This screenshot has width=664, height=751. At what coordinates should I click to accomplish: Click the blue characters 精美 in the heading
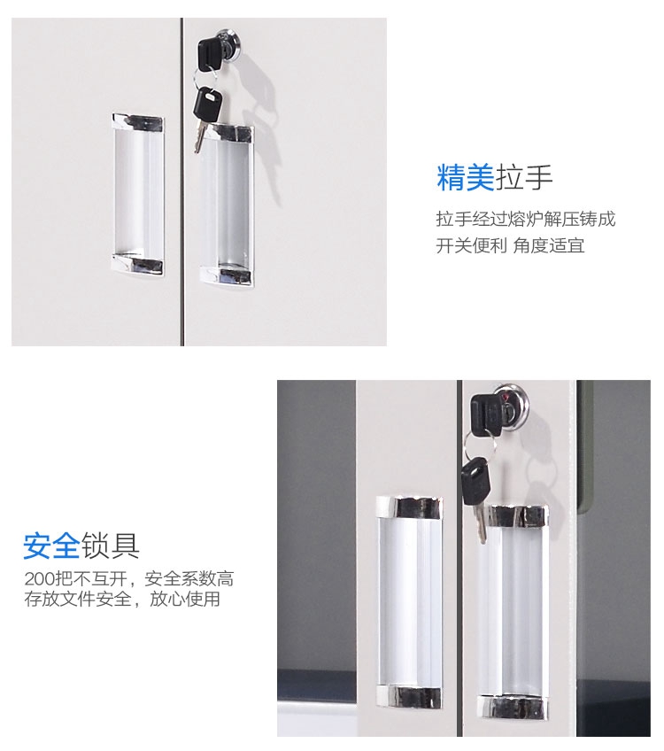pos(465,178)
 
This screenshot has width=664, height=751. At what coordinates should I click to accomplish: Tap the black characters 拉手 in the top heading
pos(524,178)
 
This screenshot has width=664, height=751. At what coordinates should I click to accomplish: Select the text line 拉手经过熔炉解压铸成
pos(526,220)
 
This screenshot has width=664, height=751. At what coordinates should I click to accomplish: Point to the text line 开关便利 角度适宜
pos(510,245)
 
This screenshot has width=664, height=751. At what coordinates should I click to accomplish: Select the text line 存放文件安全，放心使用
pos(122,599)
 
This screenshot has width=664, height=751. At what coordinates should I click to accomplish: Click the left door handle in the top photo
pos(138,195)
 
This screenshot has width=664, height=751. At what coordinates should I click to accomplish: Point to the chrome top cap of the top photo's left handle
pos(138,122)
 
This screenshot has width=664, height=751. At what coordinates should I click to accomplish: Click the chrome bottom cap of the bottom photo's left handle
pos(409,697)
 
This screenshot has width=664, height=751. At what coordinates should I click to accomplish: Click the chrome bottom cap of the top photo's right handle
pos(227,276)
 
